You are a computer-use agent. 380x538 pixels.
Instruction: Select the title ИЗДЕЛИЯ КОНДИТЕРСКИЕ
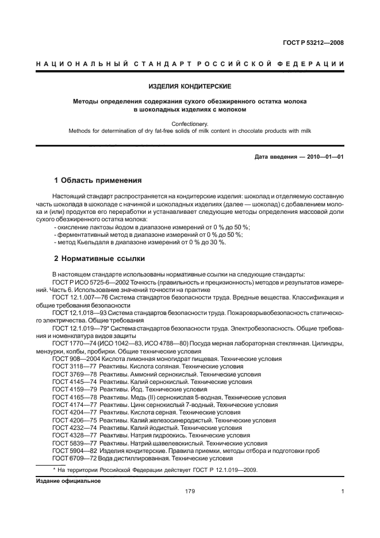190,87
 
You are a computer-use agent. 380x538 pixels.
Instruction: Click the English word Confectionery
190,123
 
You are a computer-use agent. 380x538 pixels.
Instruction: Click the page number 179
190,491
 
